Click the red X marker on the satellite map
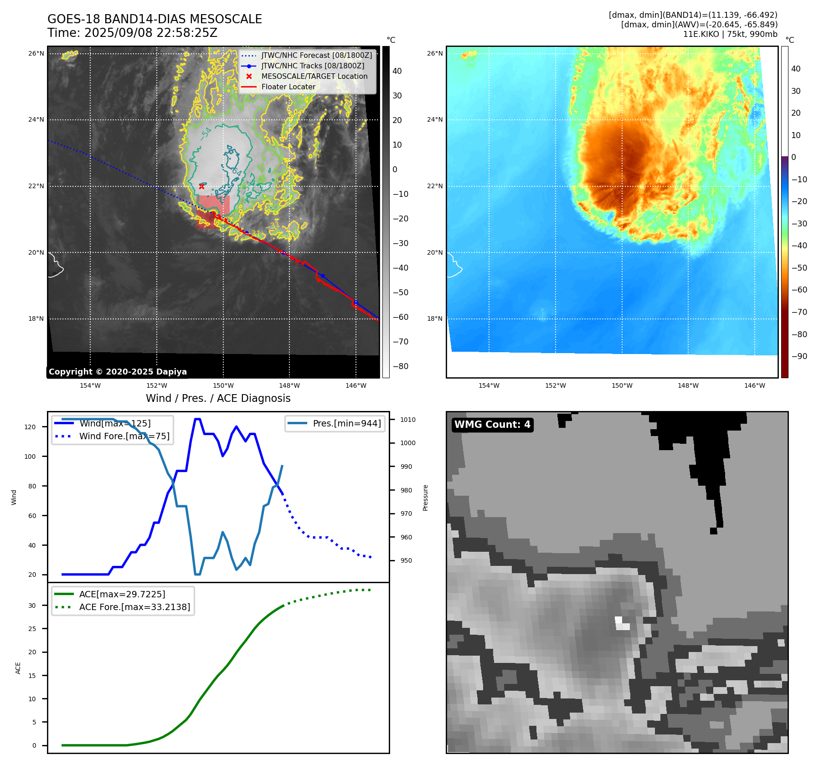coord(201,186)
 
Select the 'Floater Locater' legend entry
coord(288,87)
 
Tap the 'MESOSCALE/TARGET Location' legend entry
coord(314,77)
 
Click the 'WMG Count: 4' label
coord(492,425)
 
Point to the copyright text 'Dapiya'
coord(169,372)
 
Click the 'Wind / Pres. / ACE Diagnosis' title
coord(218,398)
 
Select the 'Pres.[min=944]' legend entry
coord(346,423)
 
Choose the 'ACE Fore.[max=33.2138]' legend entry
coord(134,607)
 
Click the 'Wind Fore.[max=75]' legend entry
coord(124,436)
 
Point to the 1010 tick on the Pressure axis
coord(408,420)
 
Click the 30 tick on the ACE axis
coord(32,606)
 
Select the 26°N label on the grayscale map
coord(36,54)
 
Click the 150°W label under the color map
coord(622,385)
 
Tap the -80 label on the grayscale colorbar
coord(401,366)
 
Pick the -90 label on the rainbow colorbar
coord(799,356)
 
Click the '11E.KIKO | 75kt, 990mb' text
coord(730,34)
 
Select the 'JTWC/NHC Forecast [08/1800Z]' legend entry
coord(316,56)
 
